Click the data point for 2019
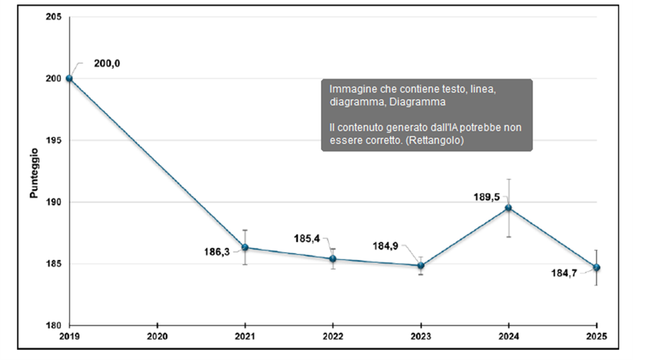click(x=69, y=79)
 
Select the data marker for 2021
click(x=245, y=247)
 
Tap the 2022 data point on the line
click(x=333, y=258)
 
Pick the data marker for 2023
click(x=420, y=265)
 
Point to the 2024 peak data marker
click(x=508, y=208)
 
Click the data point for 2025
click(x=596, y=267)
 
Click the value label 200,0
click(x=108, y=64)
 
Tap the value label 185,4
click(x=306, y=238)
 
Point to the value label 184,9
click(x=386, y=245)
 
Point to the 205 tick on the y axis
click(x=54, y=17)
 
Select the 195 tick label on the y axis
click(x=54, y=141)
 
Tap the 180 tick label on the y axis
click(x=54, y=326)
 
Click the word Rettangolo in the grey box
click(x=436, y=141)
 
